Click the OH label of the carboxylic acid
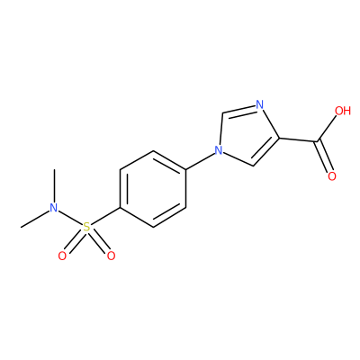click(x=343, y=111)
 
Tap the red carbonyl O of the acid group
click(x=332, y=176)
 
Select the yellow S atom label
click(x=86, y=227)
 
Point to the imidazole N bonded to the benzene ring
click(x=219, y=150)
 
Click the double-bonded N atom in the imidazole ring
click(x=259, y=104)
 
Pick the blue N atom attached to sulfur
click(x=54, y=208)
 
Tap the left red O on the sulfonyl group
click(x=62, y=256)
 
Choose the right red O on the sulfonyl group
click(x=112, y=256)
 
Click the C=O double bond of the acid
click(x=323, y=156)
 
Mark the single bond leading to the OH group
click(x=327, y=128)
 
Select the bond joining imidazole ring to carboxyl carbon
click(x=299, y=139)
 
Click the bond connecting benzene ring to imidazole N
click(x=200, y=161)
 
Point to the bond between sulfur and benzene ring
click(x=106, y=216)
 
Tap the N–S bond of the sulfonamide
click(x=70, y=217)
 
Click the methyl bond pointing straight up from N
click(x=54, y=185)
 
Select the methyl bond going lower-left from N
click(x=34, y=219)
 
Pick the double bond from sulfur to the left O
click(x=74, y=242)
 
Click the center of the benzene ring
click(x=153, y=189)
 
